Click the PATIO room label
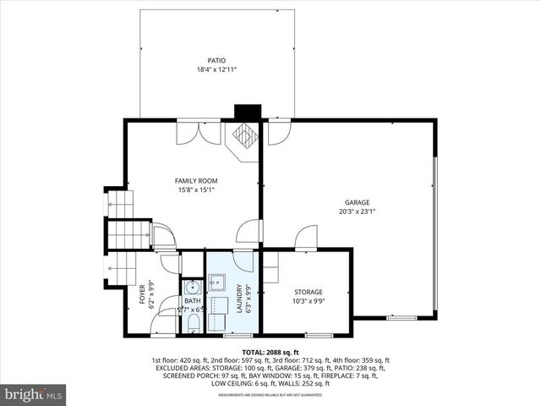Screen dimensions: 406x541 (x=216, y=60)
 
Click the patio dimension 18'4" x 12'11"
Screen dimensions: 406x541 (x=216, y=69)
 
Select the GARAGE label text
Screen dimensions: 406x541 (x=357, y=202)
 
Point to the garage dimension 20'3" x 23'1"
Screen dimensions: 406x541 (x=357, y=211)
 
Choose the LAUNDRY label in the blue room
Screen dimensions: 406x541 (x=239, y=299)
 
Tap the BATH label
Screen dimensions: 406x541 (x=193, y=301)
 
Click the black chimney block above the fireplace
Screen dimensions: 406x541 (x=246, y=113)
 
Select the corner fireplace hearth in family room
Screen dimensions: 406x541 (x=245, y=135)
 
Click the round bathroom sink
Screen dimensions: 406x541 (x=192, y=286)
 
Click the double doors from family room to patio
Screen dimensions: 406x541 (x=199, y=132)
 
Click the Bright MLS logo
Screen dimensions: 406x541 (x=34, y=394)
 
